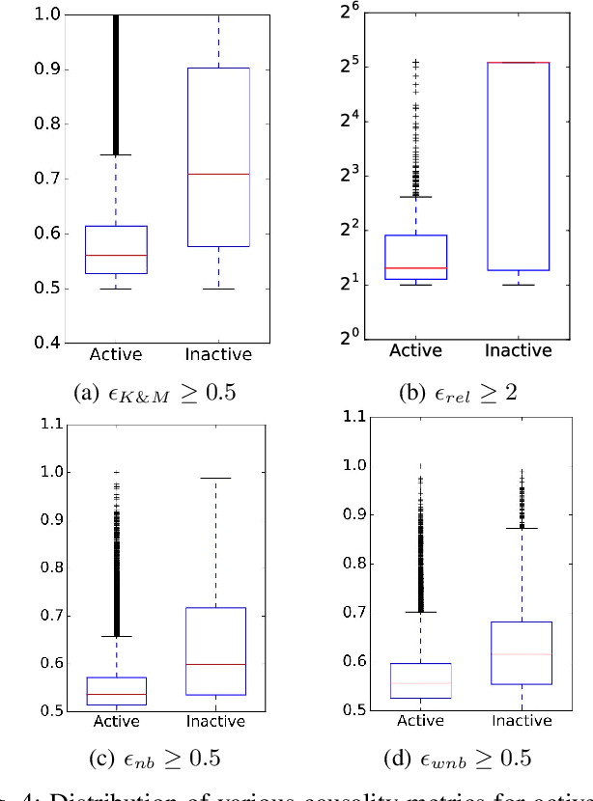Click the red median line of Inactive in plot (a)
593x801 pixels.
point(218,174)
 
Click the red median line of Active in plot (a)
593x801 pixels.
point(116,256)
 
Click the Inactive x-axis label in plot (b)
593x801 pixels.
point(518,349)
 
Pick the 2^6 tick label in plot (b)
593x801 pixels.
point(349,14)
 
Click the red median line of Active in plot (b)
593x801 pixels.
point(415,267)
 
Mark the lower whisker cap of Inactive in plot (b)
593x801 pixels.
point(518,285)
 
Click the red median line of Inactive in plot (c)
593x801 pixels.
point(218,664)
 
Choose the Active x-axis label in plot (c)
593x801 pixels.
point(116,722)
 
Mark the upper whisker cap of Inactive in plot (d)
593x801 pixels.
point(522,528)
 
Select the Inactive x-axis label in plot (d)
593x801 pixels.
point(522,721)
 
